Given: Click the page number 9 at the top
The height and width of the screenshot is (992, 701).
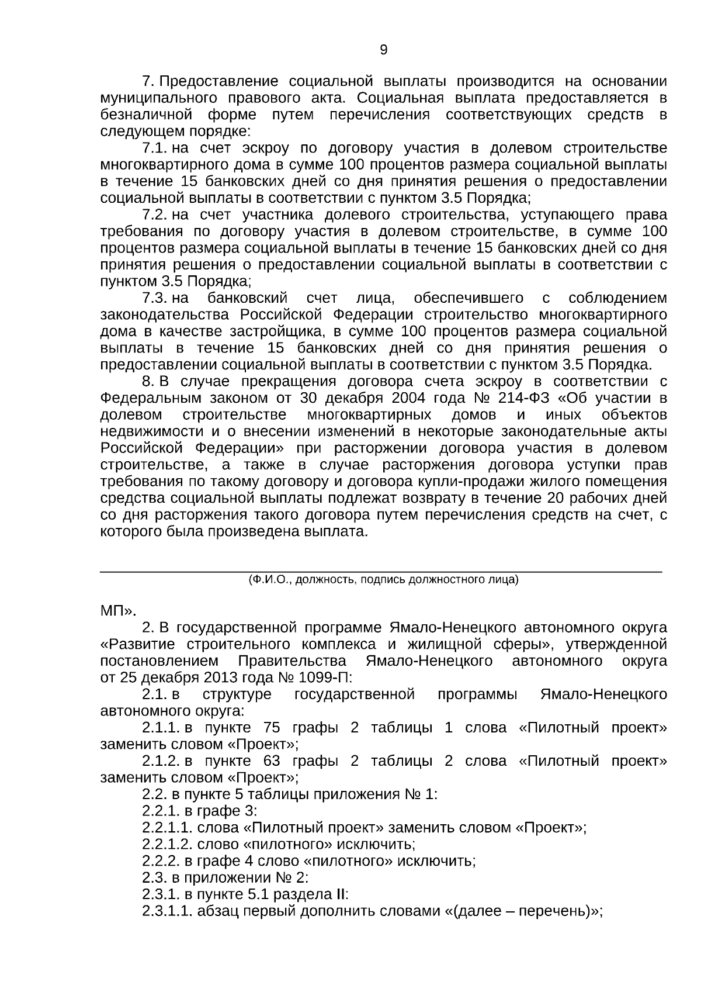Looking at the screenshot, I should pos(383,50).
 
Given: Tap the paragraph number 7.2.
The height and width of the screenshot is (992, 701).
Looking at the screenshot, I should pos(155,215).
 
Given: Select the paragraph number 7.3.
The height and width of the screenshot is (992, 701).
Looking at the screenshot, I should pos(155,298).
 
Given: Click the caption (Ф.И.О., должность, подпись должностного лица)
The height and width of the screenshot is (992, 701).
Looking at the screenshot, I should pos(383,580).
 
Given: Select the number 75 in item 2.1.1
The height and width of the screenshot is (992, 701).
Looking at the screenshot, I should pos(272,728).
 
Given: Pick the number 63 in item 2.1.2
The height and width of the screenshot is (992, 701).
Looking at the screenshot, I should pos(272,761).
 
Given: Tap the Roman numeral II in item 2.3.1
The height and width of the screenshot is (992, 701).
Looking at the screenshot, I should pos(341,895).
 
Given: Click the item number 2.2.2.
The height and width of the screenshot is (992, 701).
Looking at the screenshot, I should pos(161,861).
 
